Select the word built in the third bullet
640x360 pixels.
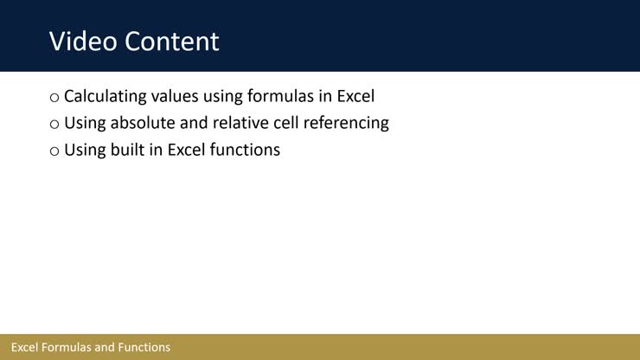(x=125, y=150)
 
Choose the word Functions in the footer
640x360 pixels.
(x=144, y=347)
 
